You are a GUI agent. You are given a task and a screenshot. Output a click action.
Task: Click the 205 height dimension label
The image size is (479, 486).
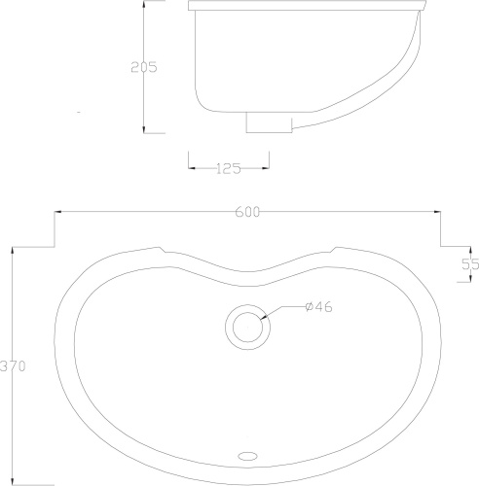tap(143, 67)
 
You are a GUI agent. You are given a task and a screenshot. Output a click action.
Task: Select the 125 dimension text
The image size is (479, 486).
tap(227, 168)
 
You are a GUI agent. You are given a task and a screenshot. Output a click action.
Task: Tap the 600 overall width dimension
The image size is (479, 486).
tap(247, 213)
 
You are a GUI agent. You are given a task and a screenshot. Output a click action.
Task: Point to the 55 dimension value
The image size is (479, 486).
tap(470, 263)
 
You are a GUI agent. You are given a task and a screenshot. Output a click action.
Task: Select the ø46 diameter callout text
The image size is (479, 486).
tap(318, 307)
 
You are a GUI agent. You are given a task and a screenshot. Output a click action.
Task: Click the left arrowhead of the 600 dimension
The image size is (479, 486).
tap(57, 213)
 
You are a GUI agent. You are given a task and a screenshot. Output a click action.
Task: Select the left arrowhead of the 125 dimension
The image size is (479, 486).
tap(191, 168)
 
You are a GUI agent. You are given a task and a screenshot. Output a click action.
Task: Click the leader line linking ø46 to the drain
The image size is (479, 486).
tap(281, 310)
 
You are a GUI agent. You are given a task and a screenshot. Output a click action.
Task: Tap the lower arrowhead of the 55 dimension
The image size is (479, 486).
tap(459, 283)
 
